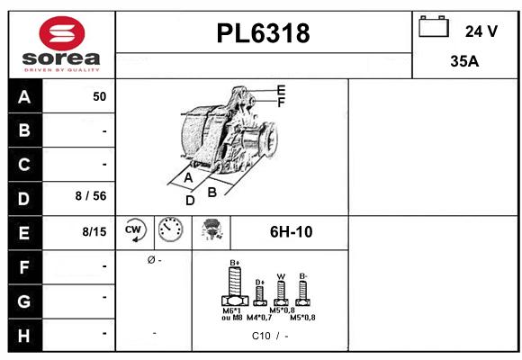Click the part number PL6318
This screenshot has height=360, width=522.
263,34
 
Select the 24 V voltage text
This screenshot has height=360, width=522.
481,31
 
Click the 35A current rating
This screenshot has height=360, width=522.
463,62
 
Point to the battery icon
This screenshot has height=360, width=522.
434,28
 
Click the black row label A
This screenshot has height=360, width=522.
24,97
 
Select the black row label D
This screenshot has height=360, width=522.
24,197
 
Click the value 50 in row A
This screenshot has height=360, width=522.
99,97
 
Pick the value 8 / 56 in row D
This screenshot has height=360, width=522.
91,197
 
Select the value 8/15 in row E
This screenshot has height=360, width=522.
94,231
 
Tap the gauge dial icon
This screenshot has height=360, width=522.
170,231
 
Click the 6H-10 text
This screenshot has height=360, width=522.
291,232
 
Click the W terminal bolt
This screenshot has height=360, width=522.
281,292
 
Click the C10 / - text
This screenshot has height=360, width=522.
270,337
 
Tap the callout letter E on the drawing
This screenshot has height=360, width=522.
281,90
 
